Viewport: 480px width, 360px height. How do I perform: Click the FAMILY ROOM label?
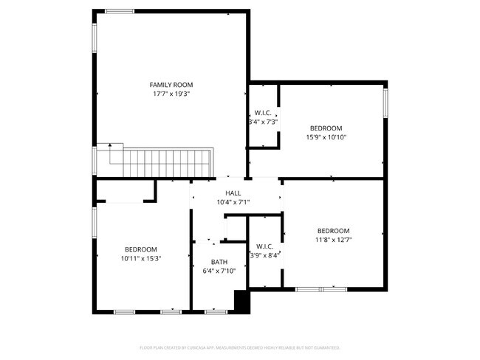pyautogui.click(x=171, y=85)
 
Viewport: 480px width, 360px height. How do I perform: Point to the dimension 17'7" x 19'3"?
pyautogui.click(x=171, y=94)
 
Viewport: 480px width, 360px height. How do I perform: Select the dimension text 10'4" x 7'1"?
pyautogui.click(x=233, y=202)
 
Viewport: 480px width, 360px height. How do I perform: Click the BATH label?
pyautogui.click(x=219, y=262)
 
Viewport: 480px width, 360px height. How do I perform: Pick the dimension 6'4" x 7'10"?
pyautogui.click(x=219, y=271)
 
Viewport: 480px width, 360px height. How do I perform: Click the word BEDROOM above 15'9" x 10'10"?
pyautogui.click(x=326, y=128)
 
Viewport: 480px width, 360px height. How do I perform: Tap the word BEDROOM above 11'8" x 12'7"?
pyautogui.click(x=333, y=230)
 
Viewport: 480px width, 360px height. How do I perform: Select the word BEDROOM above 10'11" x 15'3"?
pyautogui.click(x=140, y=249)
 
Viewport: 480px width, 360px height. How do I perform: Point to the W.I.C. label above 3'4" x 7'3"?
pyautogui.click(x=263, y=113)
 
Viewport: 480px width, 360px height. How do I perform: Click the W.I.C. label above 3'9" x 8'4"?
pyautogui.click(x=265, y=246)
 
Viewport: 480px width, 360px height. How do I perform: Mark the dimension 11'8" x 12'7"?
pyautogui.click(x=333, y=240)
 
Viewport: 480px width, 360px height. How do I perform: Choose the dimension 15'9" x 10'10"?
pyautogui.click(x=326, y=137)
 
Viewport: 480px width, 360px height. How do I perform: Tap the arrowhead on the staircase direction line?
pyautogui.click(x=110, y=145)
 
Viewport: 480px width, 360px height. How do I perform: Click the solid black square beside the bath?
pyautogui.click(x=241, y=301)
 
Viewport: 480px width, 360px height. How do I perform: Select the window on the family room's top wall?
pyautogui.click(x=120, y=11)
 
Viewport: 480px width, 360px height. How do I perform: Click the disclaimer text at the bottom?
pyautogui.click(x=239, y=347)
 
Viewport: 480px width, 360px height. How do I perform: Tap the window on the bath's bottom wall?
pyautogui.click(x=215, y=311)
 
